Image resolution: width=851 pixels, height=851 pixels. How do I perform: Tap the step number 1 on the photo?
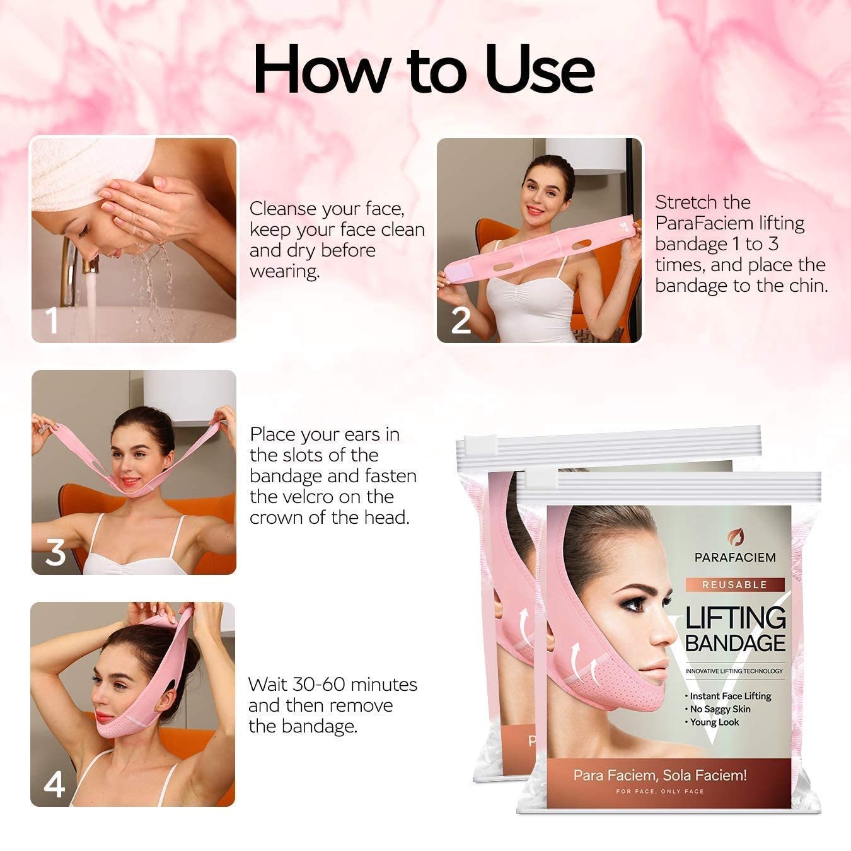point(52,320)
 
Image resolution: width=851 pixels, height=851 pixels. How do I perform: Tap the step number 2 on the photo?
point(461,320)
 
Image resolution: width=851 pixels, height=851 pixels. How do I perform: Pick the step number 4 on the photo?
point(54,785)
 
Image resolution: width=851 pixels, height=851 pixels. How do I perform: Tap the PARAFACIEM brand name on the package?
point(735,557)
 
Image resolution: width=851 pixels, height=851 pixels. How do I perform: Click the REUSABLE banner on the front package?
point(735,584)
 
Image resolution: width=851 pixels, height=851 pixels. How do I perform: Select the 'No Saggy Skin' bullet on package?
point(719,709)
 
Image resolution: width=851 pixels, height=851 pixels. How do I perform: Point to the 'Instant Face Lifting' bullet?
point(729,696)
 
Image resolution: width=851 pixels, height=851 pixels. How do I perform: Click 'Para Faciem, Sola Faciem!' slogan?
point(660,775)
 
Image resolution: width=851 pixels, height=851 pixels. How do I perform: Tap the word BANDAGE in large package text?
point(735,644)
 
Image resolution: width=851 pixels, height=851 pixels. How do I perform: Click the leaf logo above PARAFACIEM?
point(736,538)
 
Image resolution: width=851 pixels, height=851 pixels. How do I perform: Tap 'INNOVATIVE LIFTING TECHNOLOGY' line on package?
point(734,671)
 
